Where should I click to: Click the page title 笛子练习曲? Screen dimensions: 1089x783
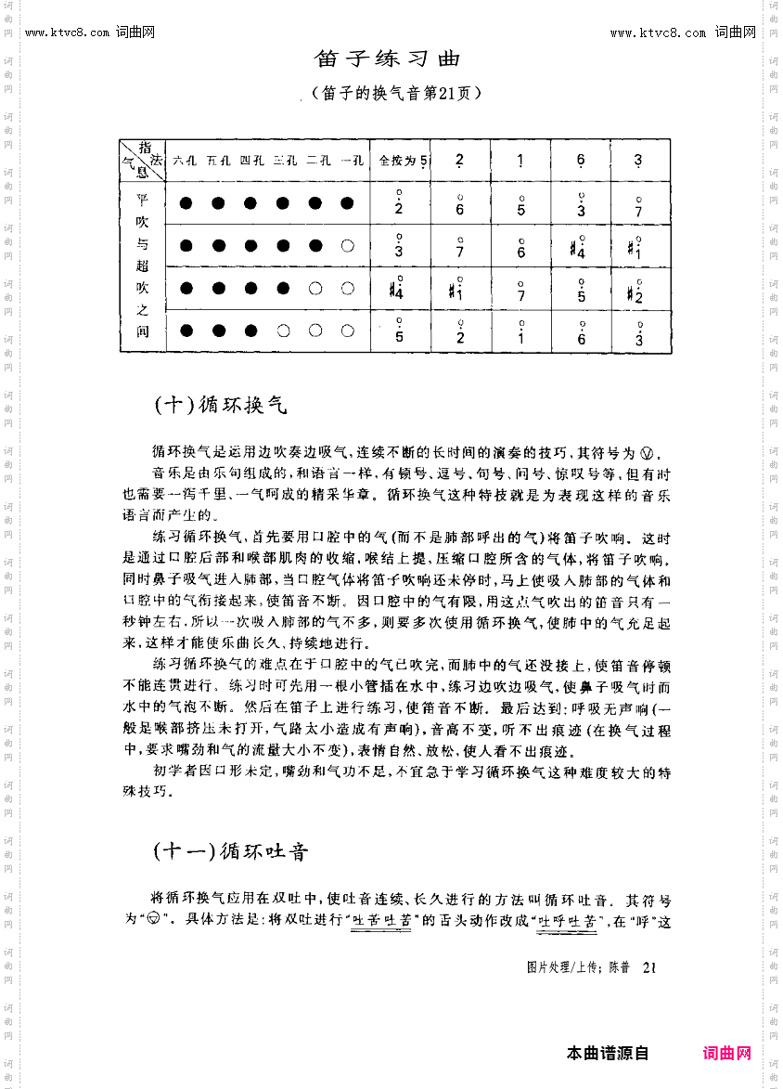click(x=388, y=58)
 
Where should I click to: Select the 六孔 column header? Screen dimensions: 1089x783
click(x=185, y=160)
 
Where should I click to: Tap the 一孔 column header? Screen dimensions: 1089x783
click(x=352, y=160)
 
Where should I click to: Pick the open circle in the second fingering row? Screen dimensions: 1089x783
click(x=348, y=246)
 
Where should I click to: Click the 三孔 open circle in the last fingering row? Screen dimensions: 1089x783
click(x=283, y=331)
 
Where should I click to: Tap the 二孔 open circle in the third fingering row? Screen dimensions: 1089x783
click(x=315, y=288)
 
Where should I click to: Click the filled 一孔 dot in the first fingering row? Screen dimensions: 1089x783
click(x=348, y=203)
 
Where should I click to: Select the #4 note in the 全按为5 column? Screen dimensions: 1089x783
click(x=397, y=289)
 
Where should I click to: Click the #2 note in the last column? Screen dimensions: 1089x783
click(x=636, y=290)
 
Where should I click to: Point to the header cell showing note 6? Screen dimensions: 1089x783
click(x=581, y=160)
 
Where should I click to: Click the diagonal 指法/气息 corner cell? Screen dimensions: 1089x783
click(x=142, y=160)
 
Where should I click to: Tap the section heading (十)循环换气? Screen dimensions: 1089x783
click(x=221, y=406)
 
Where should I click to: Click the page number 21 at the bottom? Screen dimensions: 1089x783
click(x=649, y=967)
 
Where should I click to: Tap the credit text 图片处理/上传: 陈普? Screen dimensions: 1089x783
click(x=578, y=967)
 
